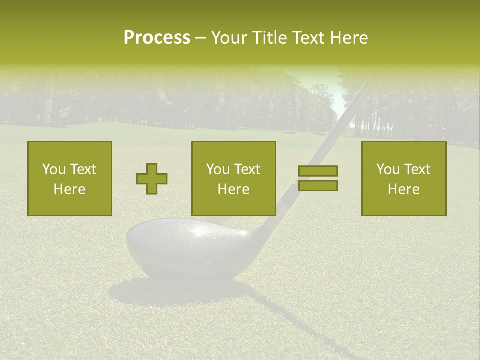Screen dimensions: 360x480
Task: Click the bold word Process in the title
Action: [157, 38]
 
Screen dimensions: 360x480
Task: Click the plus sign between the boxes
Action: [152, 178]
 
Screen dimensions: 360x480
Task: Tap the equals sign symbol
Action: [318, 178]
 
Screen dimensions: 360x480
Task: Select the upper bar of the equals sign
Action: [318, 171]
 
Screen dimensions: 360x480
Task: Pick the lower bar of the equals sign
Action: [318, 185]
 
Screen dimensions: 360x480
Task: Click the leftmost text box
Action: [70, 178]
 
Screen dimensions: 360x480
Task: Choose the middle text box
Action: [234, 178]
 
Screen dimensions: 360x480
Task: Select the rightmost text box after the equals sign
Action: [404, 178]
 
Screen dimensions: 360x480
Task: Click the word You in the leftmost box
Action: [53, 169]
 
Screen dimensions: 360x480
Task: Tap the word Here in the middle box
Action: [234, 189]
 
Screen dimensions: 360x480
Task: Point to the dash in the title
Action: [201, 38]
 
